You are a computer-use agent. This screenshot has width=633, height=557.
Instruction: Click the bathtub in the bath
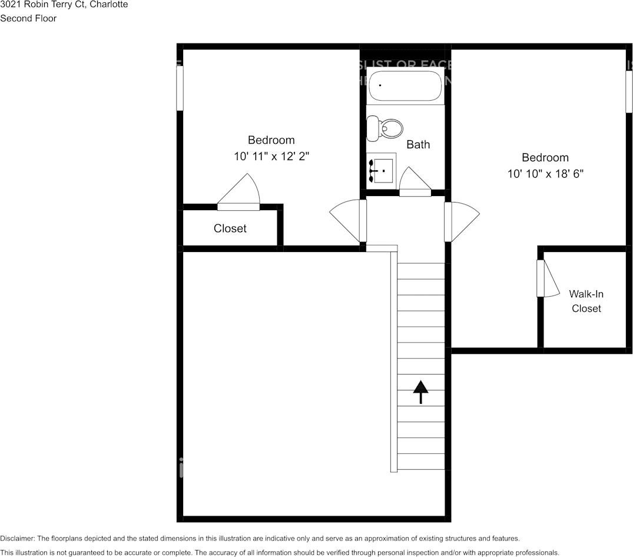coord(405,87)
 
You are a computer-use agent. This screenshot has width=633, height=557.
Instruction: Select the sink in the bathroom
coord(381,170)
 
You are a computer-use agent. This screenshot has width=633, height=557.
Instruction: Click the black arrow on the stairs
coord(420,392)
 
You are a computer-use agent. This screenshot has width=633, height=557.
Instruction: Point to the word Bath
coord(418,144)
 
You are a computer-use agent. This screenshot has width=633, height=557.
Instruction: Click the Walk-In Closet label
coord(586,301)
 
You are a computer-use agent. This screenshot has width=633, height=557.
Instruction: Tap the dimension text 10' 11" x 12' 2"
coord(271,157)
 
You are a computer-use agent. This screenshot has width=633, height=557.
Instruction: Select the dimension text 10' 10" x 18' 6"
coord(545,174)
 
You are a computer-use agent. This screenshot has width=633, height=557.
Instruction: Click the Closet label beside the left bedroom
coord(230,228)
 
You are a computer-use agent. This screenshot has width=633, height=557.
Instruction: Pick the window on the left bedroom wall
coord(180,88)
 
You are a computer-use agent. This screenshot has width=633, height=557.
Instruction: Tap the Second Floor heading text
coord(28,18)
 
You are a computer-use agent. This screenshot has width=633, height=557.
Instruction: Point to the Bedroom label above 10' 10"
coord(545,157)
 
